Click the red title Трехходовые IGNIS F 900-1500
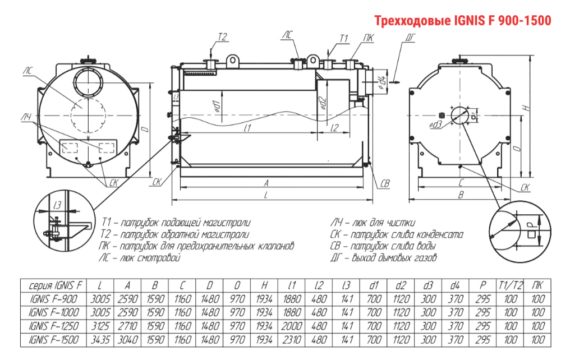[463, 21]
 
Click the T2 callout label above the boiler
[222, 37]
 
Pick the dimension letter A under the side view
[268, 183]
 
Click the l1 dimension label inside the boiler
[247, 128]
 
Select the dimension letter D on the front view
[145, 130]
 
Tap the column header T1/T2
[511, 284]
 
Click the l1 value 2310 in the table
[292, 339]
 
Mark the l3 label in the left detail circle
[57, 206]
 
